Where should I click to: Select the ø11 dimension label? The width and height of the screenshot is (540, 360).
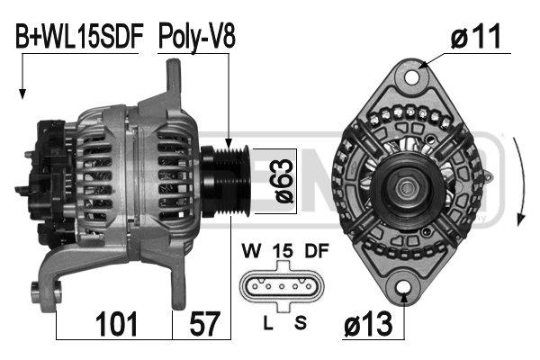click(x=476, y=37)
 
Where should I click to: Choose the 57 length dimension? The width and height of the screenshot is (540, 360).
click(x=202, y=322)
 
